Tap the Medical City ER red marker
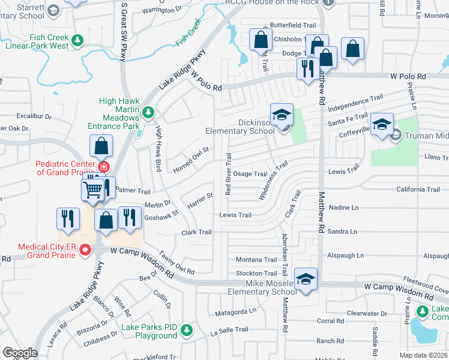[x=85, y=250]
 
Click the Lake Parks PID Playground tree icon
[x=187, y=329]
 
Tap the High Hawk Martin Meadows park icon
[x=148, y=112]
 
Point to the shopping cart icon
[x=93, y=190]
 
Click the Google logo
[x=20, y=353]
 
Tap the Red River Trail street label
[x=228, y=174]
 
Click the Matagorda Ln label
[x=236, y=311]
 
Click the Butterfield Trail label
[x=293, y=25]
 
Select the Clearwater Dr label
[x=367, y=313]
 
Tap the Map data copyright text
[x=423, y=355]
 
